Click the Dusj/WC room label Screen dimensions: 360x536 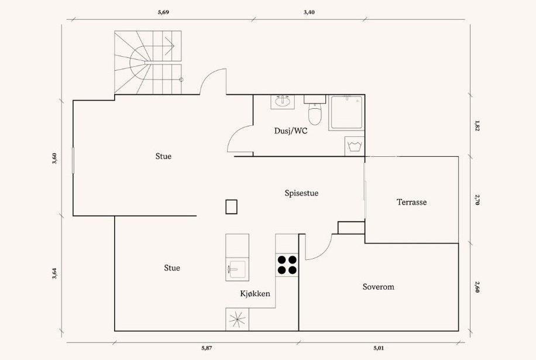(x=291, y=131)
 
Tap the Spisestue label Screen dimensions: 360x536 (x=301, y=193)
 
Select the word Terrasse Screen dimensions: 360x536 (x=411, y=203)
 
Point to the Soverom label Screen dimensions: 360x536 (x=378, y=287)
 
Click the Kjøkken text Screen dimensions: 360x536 (x=255, y=293)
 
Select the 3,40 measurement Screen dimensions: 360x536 (x=309, y=12)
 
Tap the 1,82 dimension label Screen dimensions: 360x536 (x=477, y=125)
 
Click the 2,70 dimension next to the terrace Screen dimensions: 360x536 (x=477, y=200)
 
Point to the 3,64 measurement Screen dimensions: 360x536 (x=54, y=273)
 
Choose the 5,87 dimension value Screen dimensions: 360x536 (x=207, y=348)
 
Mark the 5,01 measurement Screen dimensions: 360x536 (x=379, y=348)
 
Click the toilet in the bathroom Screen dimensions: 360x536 (x=315, y=113)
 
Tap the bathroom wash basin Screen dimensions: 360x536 (x=283, y=102)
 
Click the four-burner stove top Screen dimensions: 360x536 (x=287, y=265)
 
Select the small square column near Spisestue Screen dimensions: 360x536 (x=231, y=207)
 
